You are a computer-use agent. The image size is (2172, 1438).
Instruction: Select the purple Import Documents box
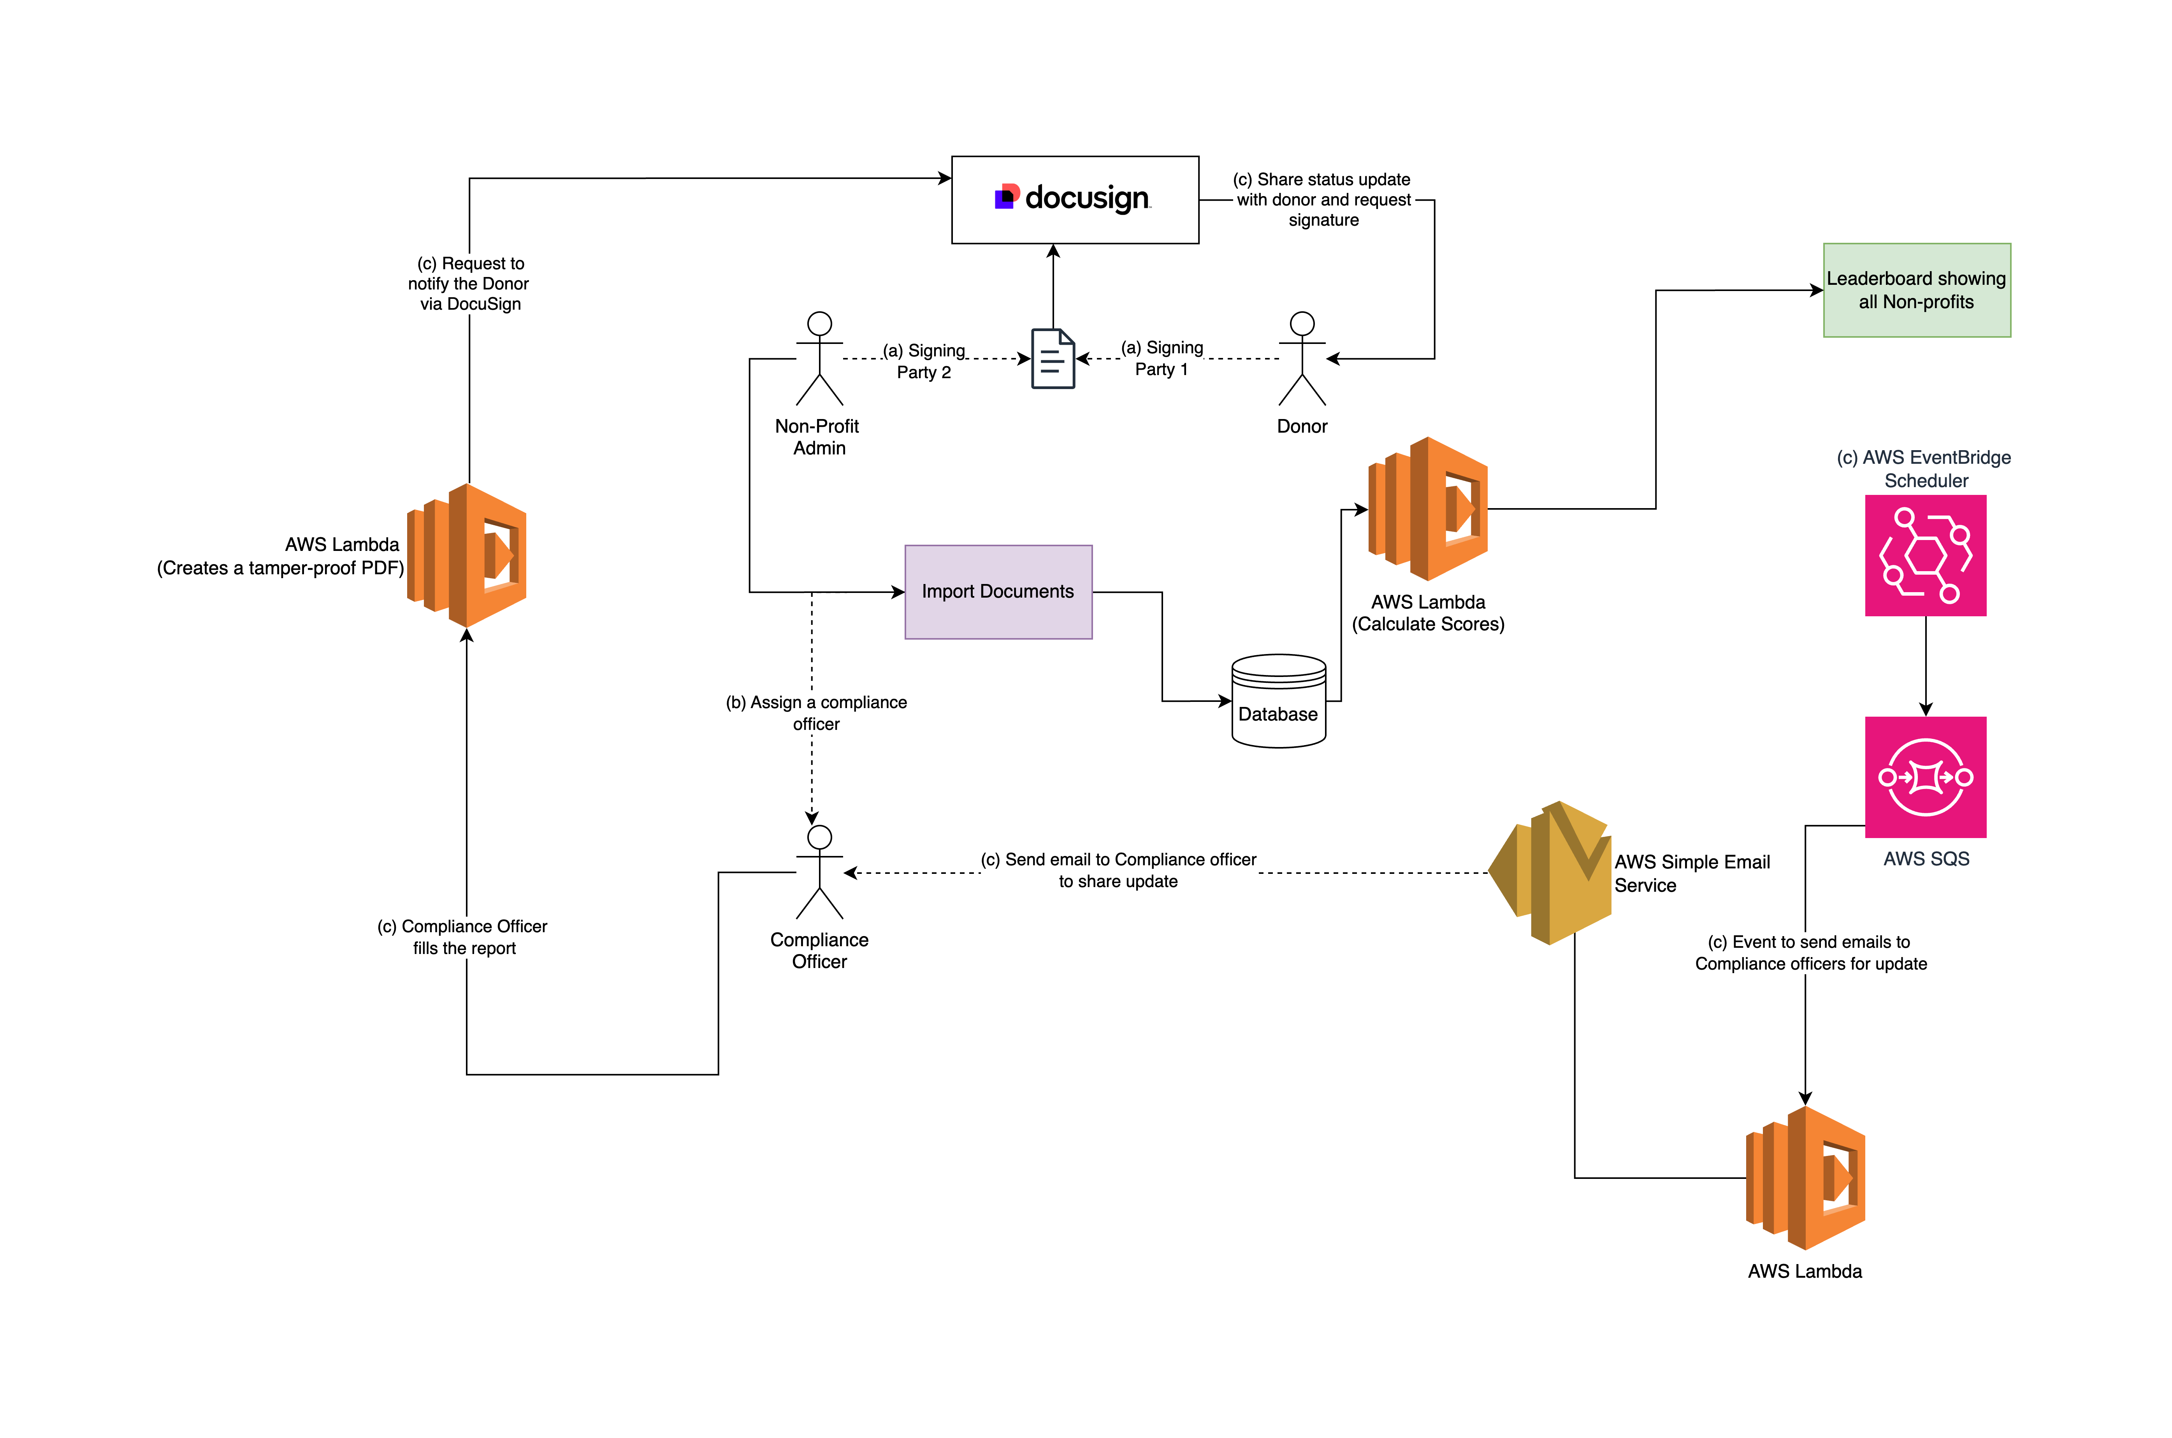[x=998, y=591]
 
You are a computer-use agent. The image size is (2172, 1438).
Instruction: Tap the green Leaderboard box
[x=1916, y=290]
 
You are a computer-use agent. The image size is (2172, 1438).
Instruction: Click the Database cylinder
[x=1278, y=701]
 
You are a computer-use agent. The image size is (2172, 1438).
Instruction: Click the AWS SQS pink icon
[x=1925, y=777]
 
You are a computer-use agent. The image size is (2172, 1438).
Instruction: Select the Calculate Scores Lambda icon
[x=1427, y=509]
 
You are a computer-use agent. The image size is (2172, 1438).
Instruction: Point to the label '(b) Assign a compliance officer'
[x=815, y=713]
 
